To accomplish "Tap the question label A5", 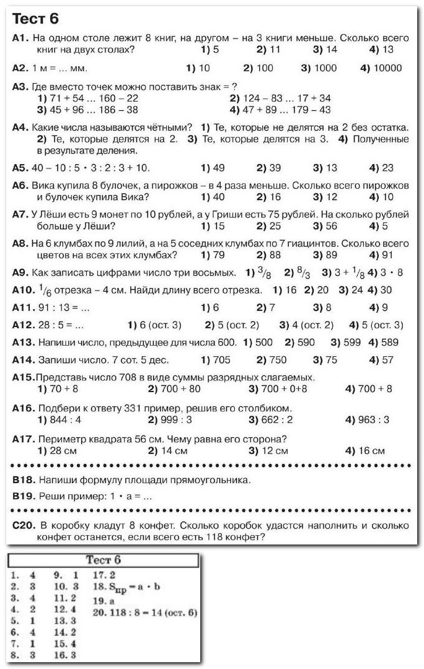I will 20,168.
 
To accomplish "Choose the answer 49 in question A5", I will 217,168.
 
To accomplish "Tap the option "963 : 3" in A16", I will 373,420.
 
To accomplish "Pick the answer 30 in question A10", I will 385,290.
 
